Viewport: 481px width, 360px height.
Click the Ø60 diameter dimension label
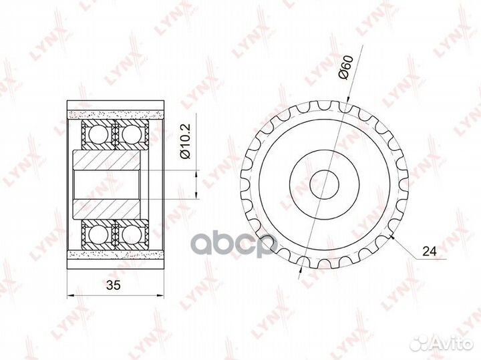346,67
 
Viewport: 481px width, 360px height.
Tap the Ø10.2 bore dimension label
186,141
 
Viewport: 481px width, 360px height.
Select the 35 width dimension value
114,285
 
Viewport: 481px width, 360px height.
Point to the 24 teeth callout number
429,251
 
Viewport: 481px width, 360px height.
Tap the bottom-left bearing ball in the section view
98,235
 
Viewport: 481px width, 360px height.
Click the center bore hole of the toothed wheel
324,184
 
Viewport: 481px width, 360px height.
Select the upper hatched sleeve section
106,160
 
